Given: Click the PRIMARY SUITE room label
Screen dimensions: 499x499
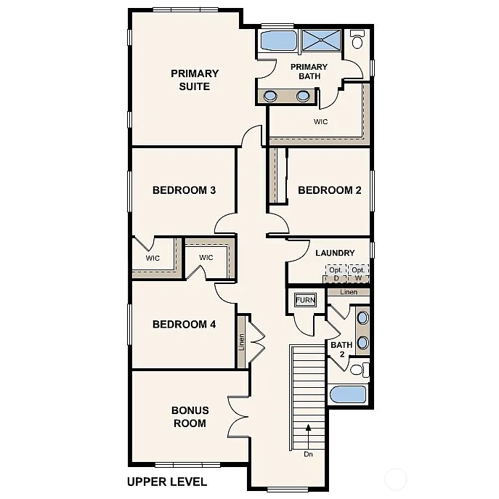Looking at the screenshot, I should pos(195,80).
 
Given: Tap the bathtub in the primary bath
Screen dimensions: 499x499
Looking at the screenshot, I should pos(277,41).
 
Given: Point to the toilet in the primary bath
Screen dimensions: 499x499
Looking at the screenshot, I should pos(357,40).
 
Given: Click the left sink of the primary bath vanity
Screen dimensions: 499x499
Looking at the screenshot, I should pos(270,95).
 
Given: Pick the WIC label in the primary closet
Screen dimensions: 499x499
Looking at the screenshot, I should pos(320,121).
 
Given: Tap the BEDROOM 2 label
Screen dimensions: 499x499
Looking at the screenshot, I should pos(329,190).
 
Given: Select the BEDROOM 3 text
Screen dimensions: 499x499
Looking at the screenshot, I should pos(184,190).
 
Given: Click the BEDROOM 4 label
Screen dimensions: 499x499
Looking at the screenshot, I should pos(184,324).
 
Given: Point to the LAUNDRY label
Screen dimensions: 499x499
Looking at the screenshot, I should pos(335,253).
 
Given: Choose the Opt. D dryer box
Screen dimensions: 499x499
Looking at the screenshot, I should pos(335,274).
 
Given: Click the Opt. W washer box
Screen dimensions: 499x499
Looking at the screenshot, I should pos(358,274).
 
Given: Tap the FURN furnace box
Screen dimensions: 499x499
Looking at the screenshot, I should pos(304,299).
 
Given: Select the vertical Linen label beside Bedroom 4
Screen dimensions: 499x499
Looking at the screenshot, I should pos(242,342).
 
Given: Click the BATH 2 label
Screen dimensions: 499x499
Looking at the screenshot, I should pos(341,349).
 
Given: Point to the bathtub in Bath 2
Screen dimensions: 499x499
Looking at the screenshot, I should pos(348,394).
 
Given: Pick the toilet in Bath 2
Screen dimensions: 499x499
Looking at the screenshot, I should pos(358,370).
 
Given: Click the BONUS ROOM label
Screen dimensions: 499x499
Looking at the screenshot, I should pos(190,416).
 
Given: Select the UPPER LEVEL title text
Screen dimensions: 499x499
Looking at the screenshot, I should pos(166,481).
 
